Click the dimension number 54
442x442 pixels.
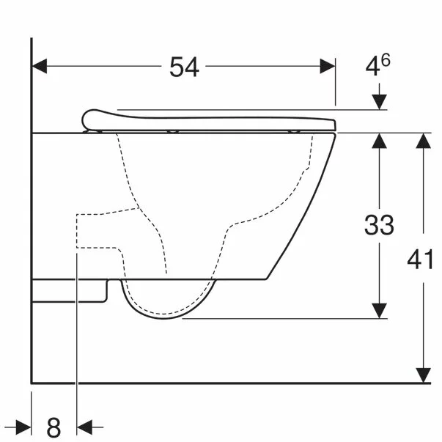184,67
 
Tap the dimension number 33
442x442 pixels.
379,225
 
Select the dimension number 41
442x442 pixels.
420,259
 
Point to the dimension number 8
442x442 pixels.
54,425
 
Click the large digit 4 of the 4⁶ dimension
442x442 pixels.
373,67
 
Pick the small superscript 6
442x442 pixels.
386,60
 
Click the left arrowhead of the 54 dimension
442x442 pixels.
40,66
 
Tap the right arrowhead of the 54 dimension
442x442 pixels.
328,66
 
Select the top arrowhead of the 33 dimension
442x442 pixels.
379,141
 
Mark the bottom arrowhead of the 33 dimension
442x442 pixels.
379,311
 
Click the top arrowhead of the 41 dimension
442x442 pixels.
423,141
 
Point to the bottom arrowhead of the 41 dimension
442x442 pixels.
423,375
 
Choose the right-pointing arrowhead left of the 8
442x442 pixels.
23,425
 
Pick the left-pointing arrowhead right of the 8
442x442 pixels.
85,425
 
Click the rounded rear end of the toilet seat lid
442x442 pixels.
89,118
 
